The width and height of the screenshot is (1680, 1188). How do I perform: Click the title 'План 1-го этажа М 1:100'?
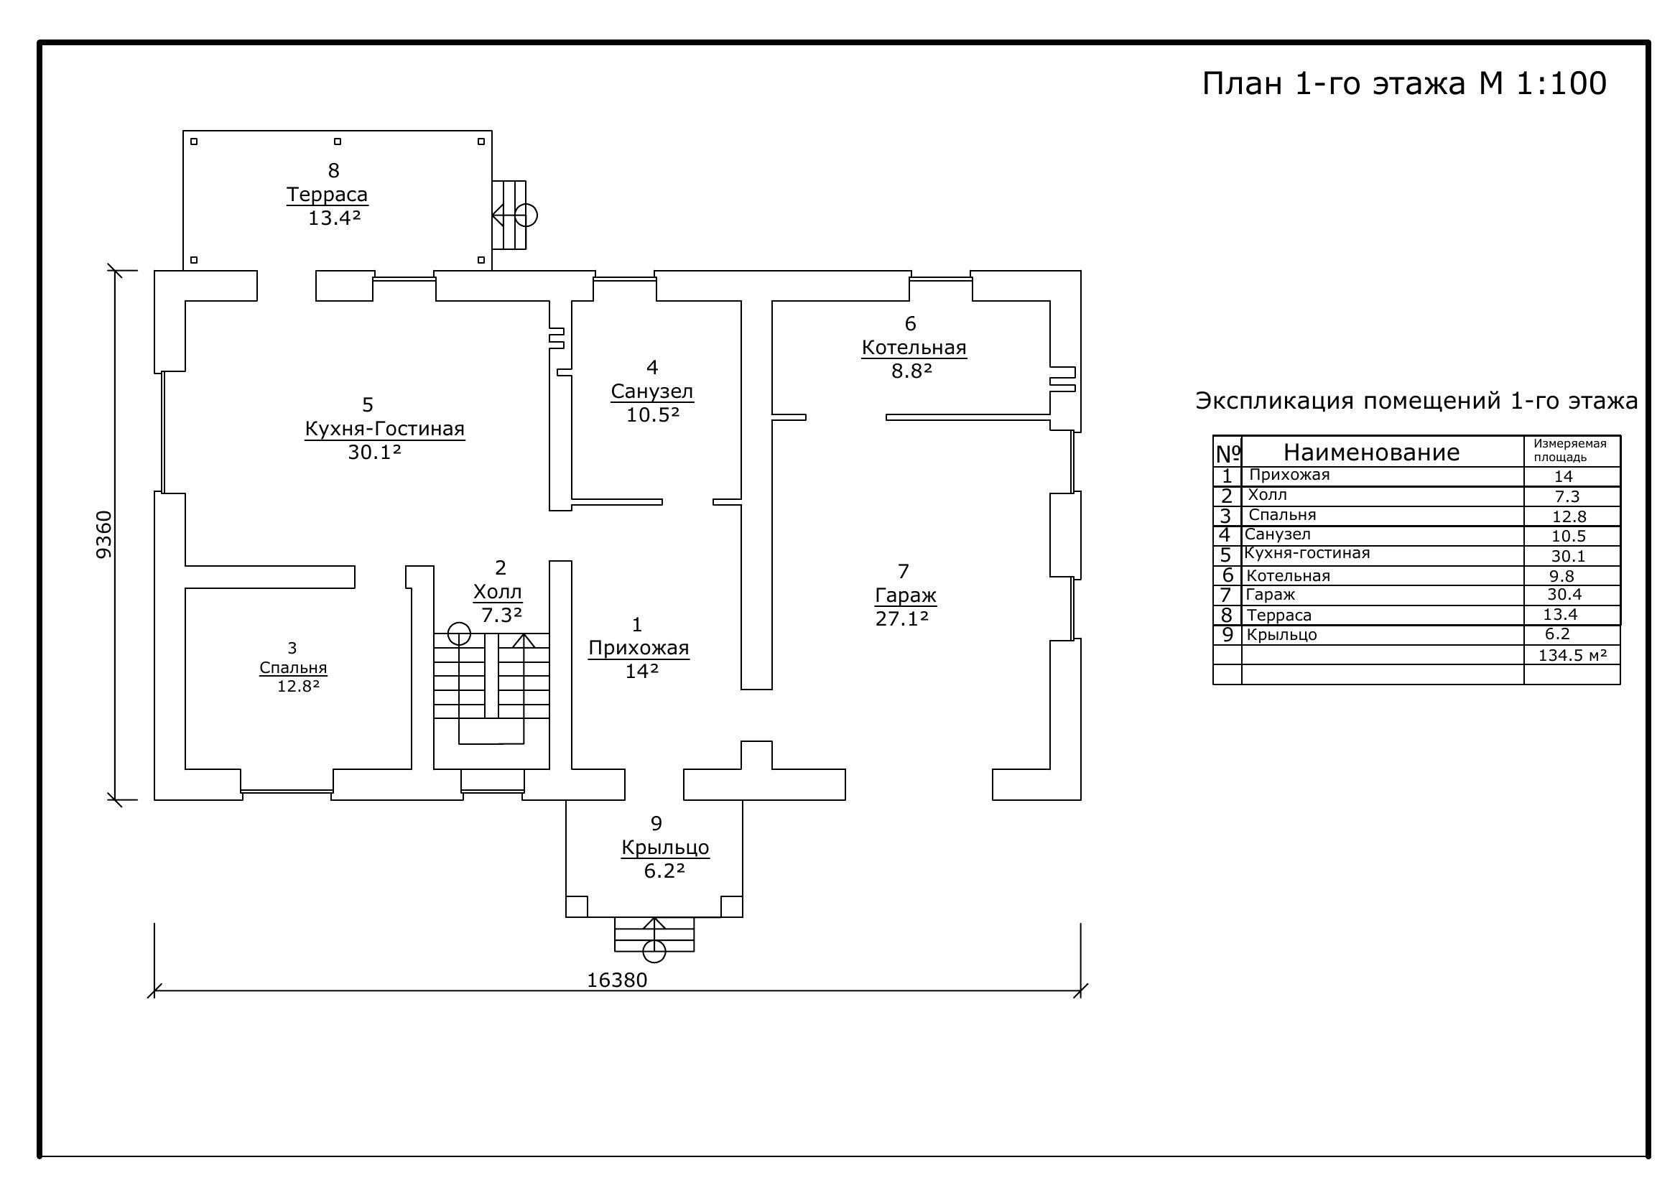[x=1404, y=83]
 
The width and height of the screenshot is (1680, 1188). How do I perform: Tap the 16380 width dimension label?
[x=617, y=980]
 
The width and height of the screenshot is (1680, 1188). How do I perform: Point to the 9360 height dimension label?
[x=105, y=535]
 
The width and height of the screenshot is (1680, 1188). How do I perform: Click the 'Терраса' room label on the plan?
[x=327, y=195]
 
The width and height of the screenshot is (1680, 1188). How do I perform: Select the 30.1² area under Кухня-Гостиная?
[x=375, y=452]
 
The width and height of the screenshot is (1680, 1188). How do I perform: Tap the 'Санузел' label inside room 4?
[x=652, y=391]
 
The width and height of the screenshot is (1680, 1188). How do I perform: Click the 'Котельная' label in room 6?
[x=914, y=348]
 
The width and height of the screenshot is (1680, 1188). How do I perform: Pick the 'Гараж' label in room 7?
[x=906, y=595]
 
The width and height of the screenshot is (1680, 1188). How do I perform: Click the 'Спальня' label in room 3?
[x=294, y=668]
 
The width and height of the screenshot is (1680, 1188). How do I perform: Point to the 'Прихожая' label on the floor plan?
[x=639, y=648]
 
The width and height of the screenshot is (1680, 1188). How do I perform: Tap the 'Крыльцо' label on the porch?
[x=665, y=848]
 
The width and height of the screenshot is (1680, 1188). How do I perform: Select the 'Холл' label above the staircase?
[x=498, y=592]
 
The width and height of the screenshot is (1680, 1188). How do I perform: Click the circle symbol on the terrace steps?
[x=526, y=215]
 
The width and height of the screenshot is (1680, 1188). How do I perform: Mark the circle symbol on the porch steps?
[x=654, y=952]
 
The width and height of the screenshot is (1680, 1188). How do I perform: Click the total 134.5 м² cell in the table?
[x=1572, y=655]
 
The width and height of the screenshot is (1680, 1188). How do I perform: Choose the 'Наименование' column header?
[x=1371, y=452]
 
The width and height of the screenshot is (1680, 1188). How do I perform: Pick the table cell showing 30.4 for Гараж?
[x=1564, y=595]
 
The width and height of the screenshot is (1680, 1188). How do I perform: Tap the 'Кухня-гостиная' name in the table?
[x=1307, y=554]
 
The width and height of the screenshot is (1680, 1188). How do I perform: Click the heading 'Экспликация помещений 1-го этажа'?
[x=1416, y=401]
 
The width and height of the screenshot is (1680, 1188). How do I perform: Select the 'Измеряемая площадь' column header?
[x=1570, y=450]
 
